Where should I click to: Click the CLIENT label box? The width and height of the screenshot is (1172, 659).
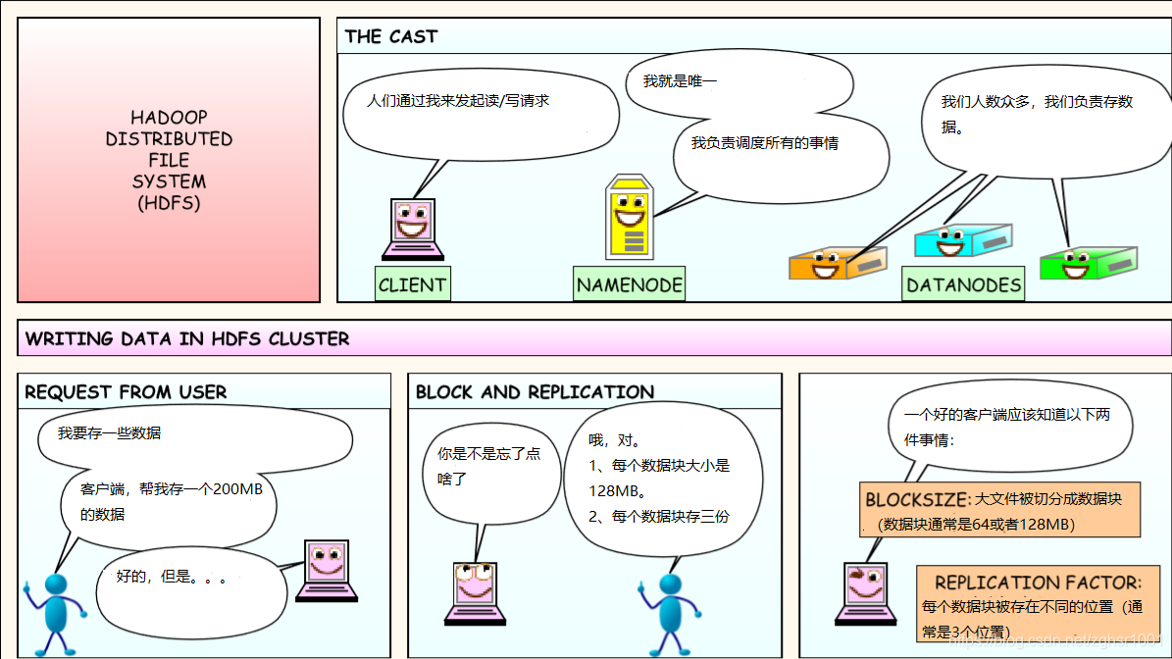[412, 284]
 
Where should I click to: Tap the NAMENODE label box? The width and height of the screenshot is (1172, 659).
[629, 284]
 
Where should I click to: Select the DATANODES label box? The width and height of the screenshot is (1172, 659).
[963, 285]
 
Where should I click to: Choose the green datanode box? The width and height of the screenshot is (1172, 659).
[1088, 262]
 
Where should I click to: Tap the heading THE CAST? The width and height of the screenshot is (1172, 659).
[391, 37]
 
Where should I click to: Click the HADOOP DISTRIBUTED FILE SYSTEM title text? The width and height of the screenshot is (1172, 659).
[169, 160]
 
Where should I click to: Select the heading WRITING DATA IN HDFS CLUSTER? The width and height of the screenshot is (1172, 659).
[187, 339]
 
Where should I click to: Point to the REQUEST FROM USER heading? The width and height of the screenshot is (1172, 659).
[126, 392]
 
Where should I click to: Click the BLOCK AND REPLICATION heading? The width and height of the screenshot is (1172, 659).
[535, 392]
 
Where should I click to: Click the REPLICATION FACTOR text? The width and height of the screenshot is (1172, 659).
[1038, 583]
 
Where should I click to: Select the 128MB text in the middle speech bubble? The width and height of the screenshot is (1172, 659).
[615, 489]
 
